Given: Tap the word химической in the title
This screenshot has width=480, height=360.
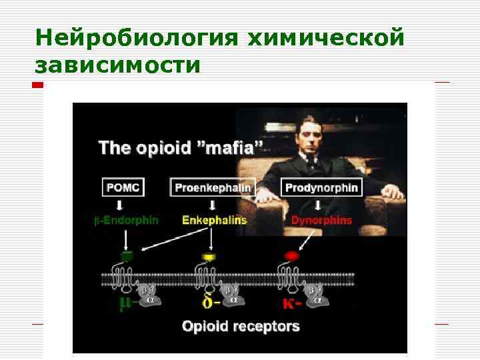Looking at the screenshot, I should (326, 38).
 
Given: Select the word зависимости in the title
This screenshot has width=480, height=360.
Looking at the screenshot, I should (117, 65).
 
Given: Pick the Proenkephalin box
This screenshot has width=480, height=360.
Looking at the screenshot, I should (213, 187).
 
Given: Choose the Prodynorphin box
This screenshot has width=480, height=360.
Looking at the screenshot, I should (321, 187).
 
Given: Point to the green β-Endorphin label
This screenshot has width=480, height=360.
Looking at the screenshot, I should (126, 220).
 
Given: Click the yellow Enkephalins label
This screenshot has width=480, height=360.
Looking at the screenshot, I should (213, 220).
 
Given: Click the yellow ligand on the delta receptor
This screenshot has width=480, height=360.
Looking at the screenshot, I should (209, 255).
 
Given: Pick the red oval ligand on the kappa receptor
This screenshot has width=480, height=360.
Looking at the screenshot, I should (291, 255).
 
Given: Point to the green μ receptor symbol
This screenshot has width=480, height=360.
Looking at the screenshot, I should (125, 304).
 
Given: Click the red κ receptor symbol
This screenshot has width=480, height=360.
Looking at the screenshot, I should (291, 303).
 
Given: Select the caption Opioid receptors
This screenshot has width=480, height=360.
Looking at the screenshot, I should (241, 327).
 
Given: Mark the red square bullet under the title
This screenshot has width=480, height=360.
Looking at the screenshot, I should (38, 85).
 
